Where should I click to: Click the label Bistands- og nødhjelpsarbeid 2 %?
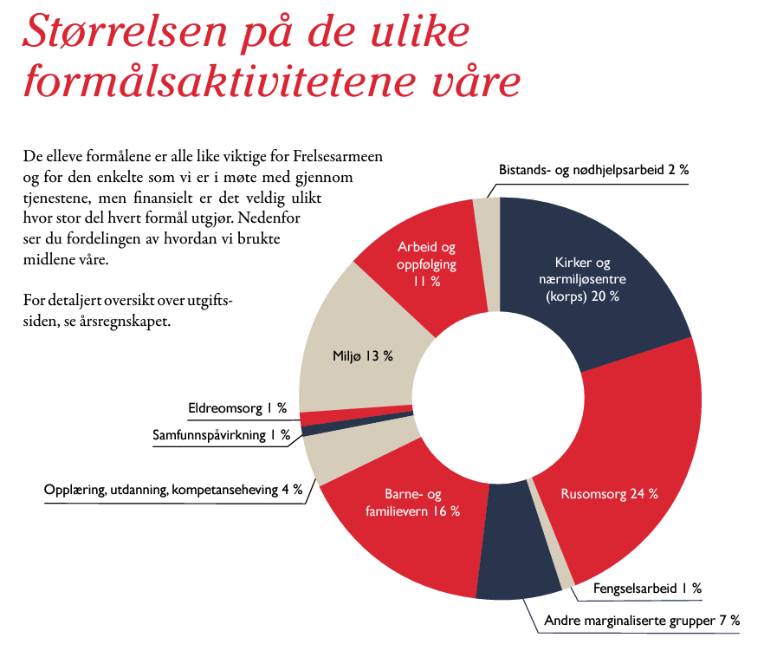[x=593, y=170]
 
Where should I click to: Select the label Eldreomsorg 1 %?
[x=237, y=408]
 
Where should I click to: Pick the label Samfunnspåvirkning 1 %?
[x=221, y=435]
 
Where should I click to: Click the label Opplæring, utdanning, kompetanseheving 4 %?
[x=173, y=490]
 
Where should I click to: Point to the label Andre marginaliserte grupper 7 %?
[x=642, y=621]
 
